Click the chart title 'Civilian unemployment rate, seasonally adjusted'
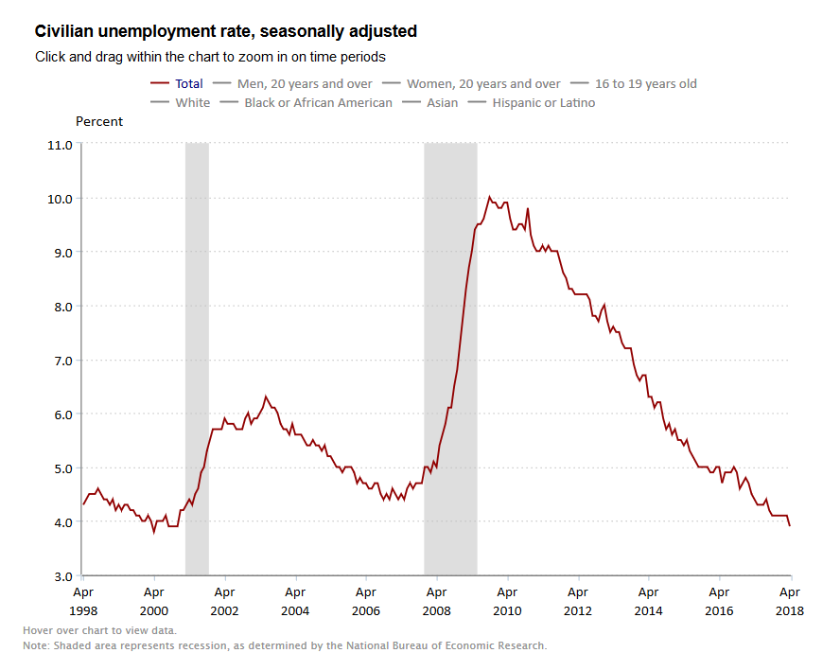[225, 32]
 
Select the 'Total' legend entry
[189, 84]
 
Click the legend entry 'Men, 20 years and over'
[306, 84]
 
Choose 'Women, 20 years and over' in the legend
[482, 84]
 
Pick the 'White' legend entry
[192, 102]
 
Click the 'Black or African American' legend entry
[318, 102]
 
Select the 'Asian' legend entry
[442, 102]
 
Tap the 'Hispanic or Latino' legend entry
[543, 102]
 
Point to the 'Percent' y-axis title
[99, 122]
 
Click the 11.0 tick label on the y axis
[60, 145]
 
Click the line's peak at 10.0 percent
[489, 197]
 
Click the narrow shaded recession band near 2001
[197, 360]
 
